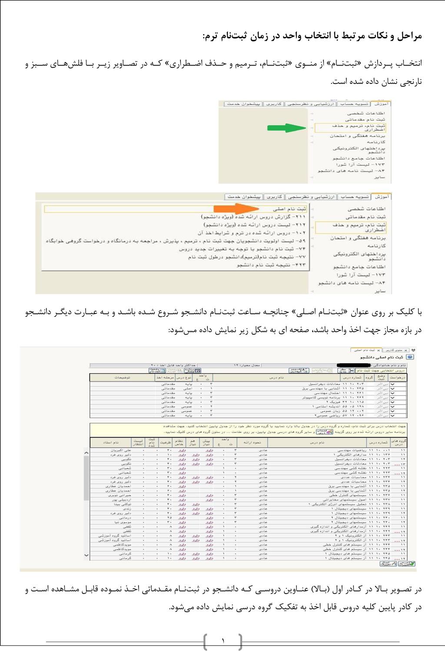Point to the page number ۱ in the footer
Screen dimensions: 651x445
click(223, 641)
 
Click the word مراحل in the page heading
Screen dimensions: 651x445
click(409, 36)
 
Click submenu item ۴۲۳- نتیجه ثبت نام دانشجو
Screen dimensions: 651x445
click(271, 265)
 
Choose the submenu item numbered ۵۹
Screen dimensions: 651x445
click(176, 241)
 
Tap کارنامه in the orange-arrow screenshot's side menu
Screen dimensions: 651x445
click(376, 246)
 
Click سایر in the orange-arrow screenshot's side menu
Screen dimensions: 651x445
click(380, 291)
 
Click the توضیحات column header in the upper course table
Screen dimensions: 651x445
click(122, 378)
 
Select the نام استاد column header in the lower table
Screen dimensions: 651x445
click(110, 442)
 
